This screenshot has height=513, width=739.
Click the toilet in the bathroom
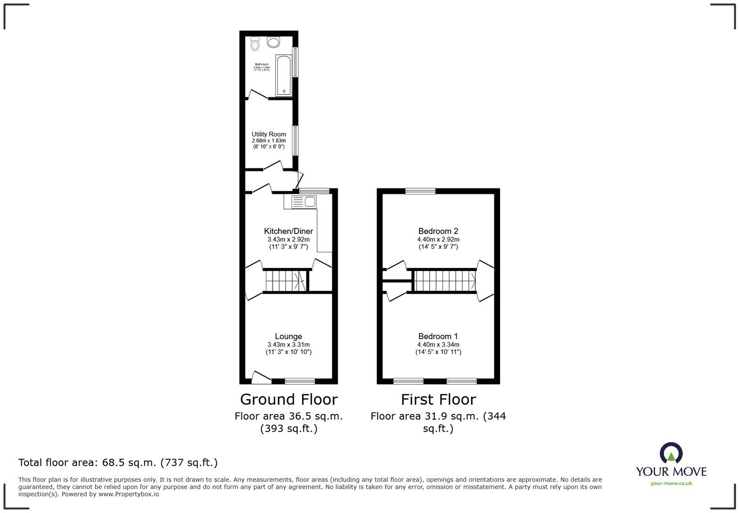pyautogui.click(x=255, y=43)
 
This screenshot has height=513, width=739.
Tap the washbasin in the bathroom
pyautogui.click(x=273, y=42)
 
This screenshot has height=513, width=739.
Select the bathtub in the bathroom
pyautogui.click(x=284, y=75)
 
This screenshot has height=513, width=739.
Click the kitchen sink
pyautogui.click(x=304, y=202)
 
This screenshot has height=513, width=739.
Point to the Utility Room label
pyautogui.click(x=269, y=134)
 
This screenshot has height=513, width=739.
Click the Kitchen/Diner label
pyautogui.click(x=288, y=231)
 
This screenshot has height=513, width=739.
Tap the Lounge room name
pyautogui.click(x=288, y=336)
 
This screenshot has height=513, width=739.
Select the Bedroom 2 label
pyautogui.click(x=438, y=231)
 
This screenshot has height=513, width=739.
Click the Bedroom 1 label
pyautogui.click(x=438, y=336)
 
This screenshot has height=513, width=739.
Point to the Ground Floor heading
pyautogui.click(x=288, y=399)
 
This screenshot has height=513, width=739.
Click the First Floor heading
pyautogui.click(x=438, y=399)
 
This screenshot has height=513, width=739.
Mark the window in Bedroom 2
pyautogui.click(x=420, y=191)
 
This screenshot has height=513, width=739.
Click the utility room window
pyautogui.click(x=295, y=140)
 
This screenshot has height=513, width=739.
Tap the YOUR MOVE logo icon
pyautogui.click(x=671, y=453)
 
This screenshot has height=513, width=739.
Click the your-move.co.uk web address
pyautogui.click(x=671, y=483)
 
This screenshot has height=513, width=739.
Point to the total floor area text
pyautogui.click(x=118, y=463)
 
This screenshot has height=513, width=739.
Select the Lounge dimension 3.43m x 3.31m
pyautogui.click(x=288, y=345)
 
